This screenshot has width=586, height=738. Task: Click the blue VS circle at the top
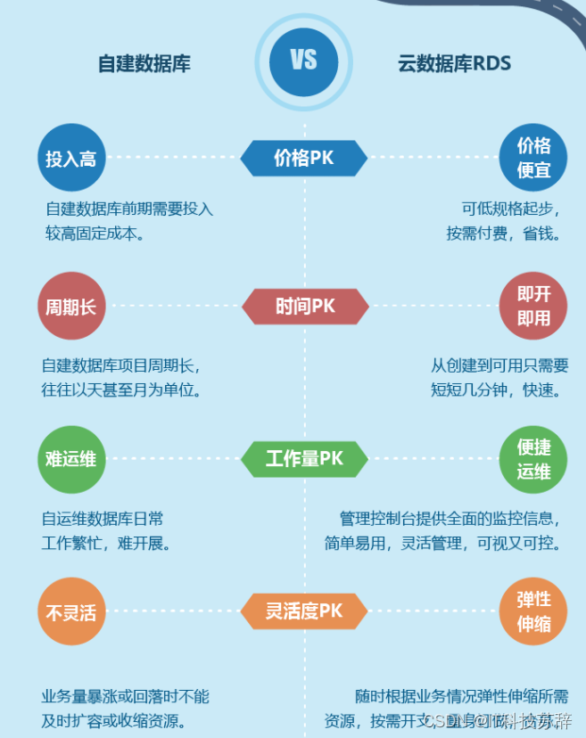[x=303, y=61]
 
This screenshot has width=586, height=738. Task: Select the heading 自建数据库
[x=144, y=63]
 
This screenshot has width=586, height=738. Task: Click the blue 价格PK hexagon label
[x=303, y=158]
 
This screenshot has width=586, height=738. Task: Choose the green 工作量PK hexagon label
[x=304, y=459]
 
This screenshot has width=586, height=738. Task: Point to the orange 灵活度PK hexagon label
[x=304, y=611]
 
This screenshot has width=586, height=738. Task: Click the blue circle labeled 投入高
[x=71, y=159]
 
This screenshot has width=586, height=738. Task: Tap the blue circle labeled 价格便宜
[x=533, y=157]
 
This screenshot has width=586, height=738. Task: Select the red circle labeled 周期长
[x=71, y=307]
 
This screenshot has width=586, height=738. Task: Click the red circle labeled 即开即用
[x=533, y=306]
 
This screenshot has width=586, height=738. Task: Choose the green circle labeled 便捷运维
[x=533, y=459]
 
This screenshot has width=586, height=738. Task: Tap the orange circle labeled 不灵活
[x=71, y=611]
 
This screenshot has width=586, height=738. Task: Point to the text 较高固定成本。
[x=95, y=234]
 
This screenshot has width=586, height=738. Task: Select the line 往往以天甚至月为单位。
[x=122, y=389]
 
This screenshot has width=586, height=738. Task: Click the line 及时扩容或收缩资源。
[x=113, y=720]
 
